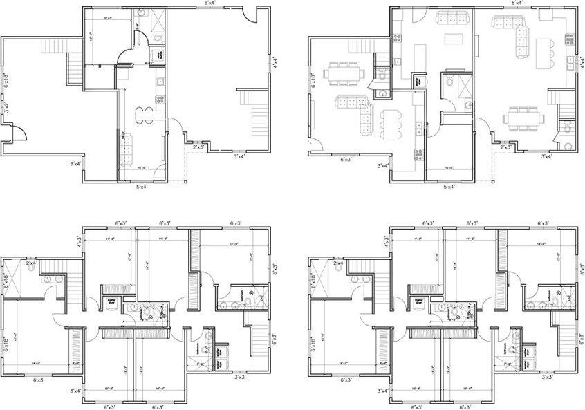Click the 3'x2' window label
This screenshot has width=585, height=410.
5,108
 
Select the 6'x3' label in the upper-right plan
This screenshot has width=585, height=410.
352,159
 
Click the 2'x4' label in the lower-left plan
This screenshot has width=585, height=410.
32,263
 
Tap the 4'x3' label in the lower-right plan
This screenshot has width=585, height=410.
386,241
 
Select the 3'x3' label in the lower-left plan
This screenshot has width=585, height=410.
241,377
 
